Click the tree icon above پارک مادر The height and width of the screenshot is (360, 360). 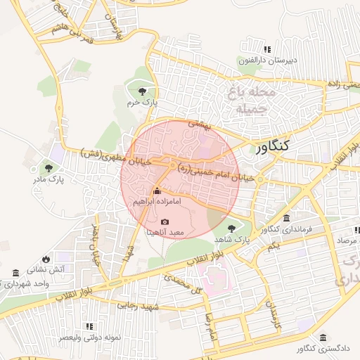49,167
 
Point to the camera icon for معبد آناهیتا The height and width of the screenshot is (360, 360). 155,222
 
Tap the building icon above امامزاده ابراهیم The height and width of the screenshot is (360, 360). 156,191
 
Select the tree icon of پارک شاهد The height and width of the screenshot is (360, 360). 232,228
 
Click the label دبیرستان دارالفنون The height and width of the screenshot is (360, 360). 268,60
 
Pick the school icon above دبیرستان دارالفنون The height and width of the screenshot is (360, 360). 266,49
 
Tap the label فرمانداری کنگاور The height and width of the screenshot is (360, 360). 285,229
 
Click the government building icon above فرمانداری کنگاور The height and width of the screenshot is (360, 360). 285,218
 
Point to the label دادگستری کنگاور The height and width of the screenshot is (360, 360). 321,349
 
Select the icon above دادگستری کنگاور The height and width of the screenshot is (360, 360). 322,337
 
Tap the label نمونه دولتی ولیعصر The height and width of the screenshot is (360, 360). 89,337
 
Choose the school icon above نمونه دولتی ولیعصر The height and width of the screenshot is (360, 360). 89,326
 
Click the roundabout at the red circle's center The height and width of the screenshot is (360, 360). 173,165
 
